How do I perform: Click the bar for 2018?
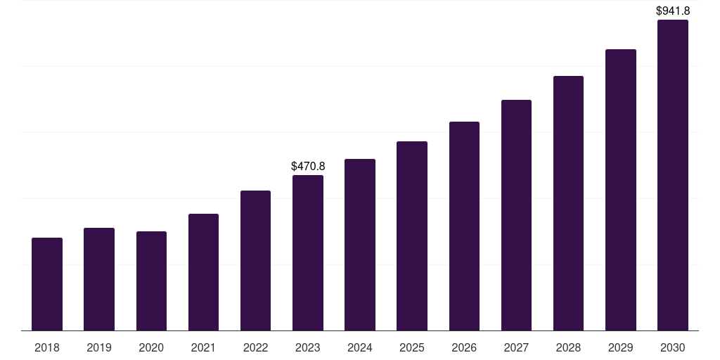(x=47, y=284)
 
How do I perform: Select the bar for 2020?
(x=151, y=281)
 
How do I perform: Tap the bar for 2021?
(x=203, y=272)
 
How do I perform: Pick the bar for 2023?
(x=308, y=252)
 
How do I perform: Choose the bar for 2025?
(x=412, y=236)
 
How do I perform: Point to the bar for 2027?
(x=516, y=215)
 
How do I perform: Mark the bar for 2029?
(x=621, y=190)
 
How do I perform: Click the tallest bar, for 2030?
(x=673, y=175)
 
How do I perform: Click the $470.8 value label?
(x=308, y=167)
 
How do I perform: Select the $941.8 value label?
(x=673, y=11)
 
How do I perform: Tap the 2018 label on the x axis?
(x=47, y=347)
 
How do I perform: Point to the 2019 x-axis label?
(x=99, y=347)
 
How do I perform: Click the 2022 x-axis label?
(x=256, y=347)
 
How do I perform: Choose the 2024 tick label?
(x=360, y=347)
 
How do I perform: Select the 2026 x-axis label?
(x=464, y=347)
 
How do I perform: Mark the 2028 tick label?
(x=568, y=347)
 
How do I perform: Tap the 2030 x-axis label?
(x=673, y=347)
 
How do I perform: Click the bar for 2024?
(x=360, y=245)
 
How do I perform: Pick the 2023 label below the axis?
(x=308, y=347)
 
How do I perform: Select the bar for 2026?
(x=464, y=226)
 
